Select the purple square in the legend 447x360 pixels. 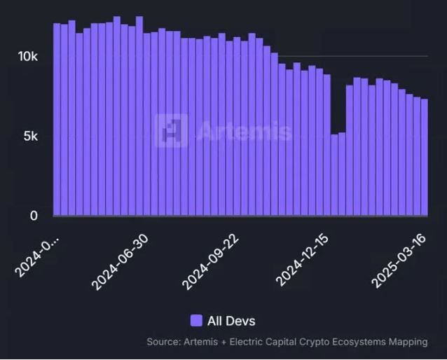tap(196, 321)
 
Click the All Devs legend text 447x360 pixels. tap(231, 321)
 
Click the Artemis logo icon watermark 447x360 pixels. tap(171, 131)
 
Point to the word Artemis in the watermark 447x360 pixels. tap(243, 131)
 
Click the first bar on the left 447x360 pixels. tap(57, 119)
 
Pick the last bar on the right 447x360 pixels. tap(424, 158)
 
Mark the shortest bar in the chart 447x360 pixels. tap(334, 175)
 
